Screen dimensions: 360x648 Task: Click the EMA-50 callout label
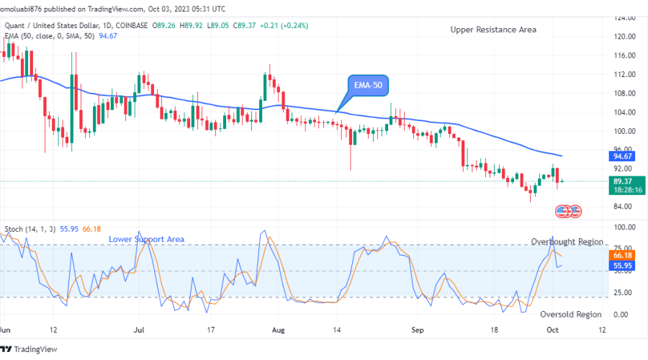click(x=368, y=85)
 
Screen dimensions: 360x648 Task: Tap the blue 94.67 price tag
click(x=623, y=156)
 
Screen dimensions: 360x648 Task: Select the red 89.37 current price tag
click(x=623, y=181)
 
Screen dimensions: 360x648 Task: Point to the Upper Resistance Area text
click(x=493, y=30)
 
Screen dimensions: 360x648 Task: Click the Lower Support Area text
click(x=146, y=239)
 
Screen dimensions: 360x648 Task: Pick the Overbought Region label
click(x=567, y=242)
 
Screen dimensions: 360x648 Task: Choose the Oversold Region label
click(x=571, y=314)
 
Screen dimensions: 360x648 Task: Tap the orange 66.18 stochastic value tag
click(x=623, y=255)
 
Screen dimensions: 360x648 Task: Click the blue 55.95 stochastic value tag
click(x=623, y=266)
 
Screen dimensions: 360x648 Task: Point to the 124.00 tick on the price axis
click(x=623, y=17)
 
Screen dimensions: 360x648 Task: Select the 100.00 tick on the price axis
click(x=623, y=131)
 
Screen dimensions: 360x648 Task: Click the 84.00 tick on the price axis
click(x=623, y=207)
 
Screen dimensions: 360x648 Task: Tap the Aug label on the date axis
click(x=279, y=329)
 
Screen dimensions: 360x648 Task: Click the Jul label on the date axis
click(x=140, y=329)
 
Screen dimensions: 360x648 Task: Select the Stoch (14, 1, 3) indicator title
click(x=25, y=230)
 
